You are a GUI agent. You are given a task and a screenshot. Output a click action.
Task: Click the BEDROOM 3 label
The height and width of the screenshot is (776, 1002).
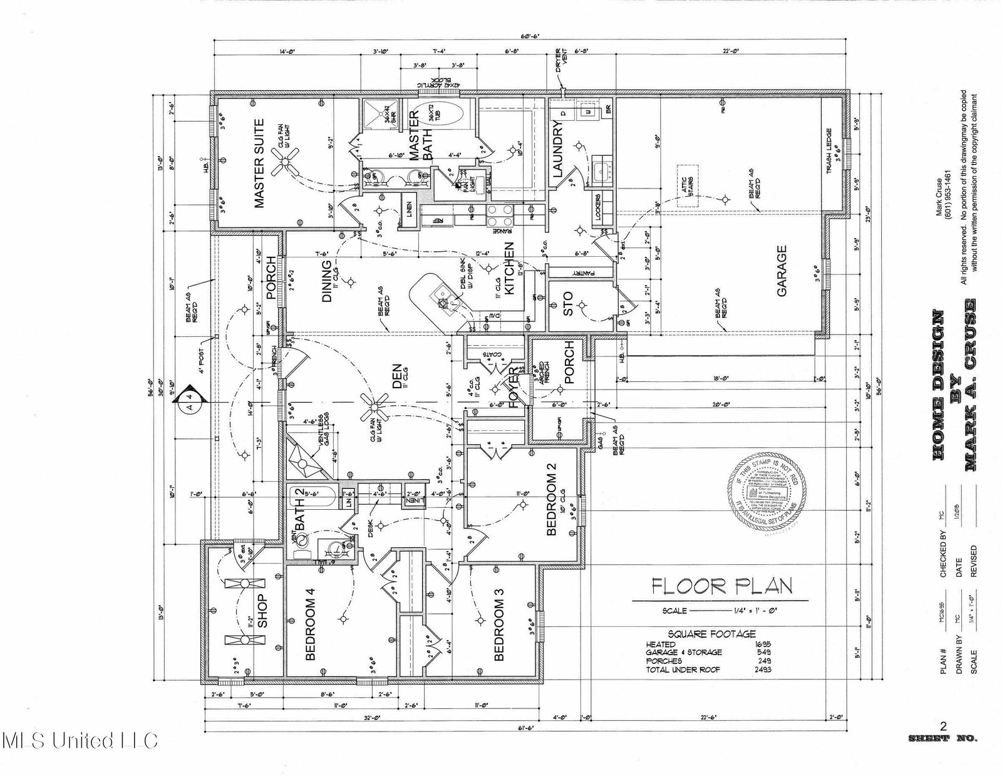coord(499,631)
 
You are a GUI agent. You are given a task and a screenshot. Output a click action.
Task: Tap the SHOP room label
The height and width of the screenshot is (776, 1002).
coord(262,611)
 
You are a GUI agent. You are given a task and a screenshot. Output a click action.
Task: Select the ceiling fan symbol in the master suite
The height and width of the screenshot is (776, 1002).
coord(289,159)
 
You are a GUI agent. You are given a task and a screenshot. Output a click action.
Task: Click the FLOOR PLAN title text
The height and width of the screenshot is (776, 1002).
coord(722,586)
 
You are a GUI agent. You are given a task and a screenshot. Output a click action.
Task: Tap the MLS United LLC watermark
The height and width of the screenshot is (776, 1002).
coord(80,741)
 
